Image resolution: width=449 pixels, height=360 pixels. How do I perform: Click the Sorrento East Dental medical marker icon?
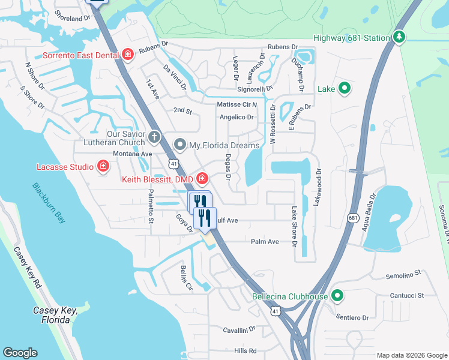[x=128, y=55]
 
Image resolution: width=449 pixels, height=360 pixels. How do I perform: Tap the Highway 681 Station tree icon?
[x=399, y=37]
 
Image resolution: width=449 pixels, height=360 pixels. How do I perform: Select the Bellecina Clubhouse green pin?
[x=337, y=296]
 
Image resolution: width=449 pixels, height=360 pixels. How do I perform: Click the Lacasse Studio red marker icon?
[x=103, y=166]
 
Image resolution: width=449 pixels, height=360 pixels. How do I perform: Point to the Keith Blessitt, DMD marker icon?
[x=202, y=178]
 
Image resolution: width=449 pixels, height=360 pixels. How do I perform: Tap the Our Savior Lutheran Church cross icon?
[x=154, y=137]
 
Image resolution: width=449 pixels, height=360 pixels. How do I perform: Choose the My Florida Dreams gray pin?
[x=179, y=145]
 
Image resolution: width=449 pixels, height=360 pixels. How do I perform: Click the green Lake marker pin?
[x=344, y=89]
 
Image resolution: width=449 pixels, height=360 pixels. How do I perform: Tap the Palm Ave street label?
[x=265, y=241]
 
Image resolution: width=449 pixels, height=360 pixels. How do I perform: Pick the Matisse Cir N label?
[x=237, y=104]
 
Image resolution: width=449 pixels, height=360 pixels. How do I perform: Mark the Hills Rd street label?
[x=245, y=350]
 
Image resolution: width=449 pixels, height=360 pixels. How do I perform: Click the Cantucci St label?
[x=406, y=295]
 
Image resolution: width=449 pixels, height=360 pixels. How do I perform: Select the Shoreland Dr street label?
[x=76, y=19]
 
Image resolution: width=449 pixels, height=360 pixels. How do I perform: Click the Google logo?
[x=20, y=353]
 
